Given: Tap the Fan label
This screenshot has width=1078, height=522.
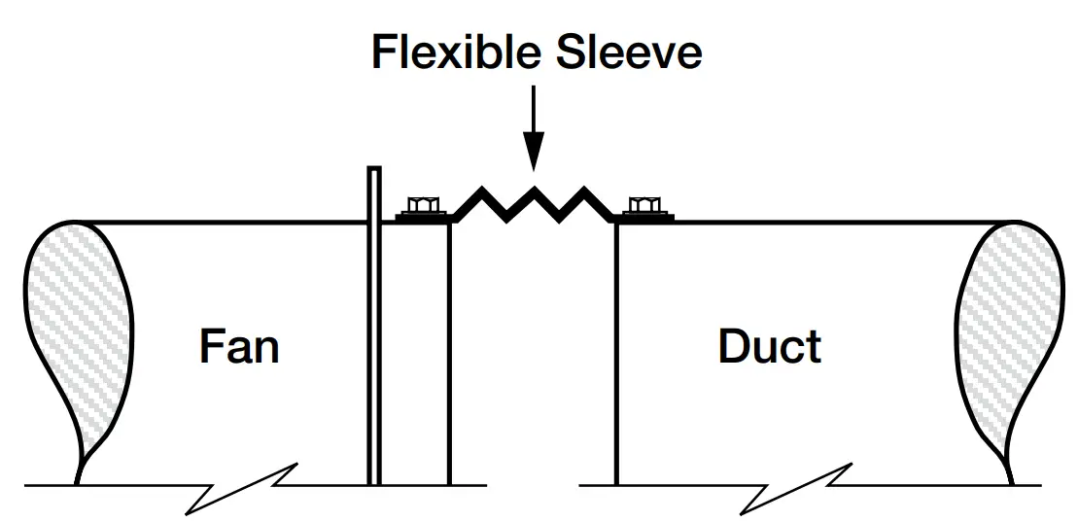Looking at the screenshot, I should [239, 346].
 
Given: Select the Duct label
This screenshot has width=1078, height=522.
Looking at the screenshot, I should [770, 346].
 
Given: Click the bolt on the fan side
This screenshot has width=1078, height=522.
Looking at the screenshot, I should [421, 205].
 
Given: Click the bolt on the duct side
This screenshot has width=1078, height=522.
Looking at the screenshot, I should [643, 205].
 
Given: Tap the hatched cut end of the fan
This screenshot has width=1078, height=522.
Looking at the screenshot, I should [76, 331].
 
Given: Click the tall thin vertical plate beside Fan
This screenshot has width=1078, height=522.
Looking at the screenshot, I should [373, 340].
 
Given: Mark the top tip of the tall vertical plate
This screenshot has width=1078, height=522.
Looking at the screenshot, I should [373, 171].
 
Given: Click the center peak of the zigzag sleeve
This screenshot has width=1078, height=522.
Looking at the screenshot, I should [534, 182].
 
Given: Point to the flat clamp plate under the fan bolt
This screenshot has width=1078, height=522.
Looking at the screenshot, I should [426, 218].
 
